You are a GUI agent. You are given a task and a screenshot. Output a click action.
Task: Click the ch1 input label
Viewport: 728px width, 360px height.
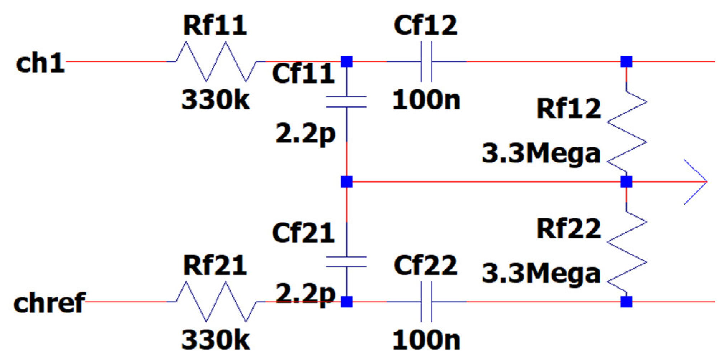pos(40,63)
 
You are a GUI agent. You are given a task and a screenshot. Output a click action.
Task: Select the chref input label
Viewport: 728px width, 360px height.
pos(49,303)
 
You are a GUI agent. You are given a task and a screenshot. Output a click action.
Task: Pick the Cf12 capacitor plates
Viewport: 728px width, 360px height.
pos(426,61)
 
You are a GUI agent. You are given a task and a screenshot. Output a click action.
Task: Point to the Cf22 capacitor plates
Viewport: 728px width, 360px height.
pos(426,302)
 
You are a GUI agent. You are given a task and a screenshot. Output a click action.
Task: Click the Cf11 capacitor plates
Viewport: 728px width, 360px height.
pos(346,102)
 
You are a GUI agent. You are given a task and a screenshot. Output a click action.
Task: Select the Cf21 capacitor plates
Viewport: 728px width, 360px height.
pos(346,262)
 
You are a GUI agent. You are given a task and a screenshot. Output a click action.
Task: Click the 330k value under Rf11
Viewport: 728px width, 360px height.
pos(216,100)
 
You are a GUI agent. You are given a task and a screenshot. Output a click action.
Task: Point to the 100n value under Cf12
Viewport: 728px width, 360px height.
pos(426,100)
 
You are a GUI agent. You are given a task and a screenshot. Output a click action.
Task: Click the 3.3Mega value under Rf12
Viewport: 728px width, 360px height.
pos(541,153)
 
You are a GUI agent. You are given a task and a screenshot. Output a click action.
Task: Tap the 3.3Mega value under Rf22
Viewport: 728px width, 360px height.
pos(541,274)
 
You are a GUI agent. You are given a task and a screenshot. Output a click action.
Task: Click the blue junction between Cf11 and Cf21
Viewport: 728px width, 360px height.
pos(346,182)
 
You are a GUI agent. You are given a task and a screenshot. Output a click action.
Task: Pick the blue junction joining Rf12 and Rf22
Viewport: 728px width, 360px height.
pos(627,182)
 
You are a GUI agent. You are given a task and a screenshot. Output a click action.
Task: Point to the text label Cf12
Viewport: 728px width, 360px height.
pos(426,25)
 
